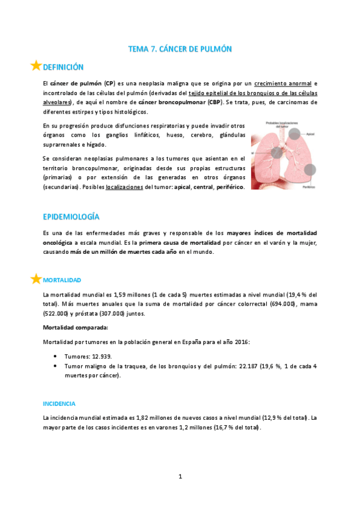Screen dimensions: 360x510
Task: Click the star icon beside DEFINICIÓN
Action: click(35, 66)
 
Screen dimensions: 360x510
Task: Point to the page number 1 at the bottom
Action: click(180, 476)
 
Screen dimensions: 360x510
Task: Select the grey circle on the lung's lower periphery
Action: click(309, 171)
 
